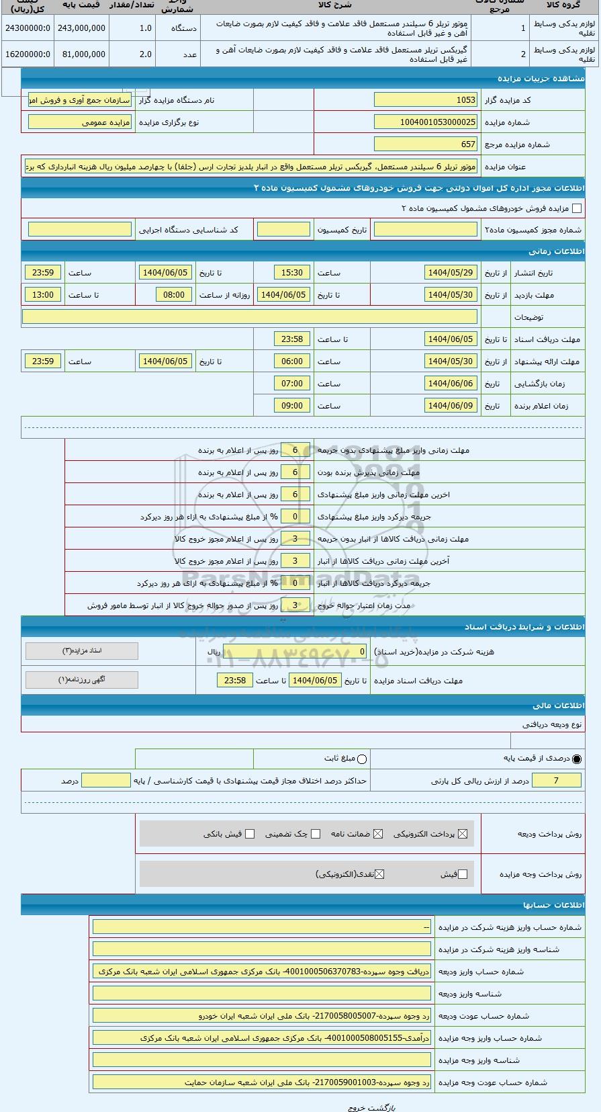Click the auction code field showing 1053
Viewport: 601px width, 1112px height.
pyautogui.click(x=425, y=100)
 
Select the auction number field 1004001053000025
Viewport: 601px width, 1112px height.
pyautogui.click(x=425, y=122)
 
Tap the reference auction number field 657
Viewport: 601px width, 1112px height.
pyautogui.click(x=425, y=144)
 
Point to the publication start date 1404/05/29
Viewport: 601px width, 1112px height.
pyautogui.click(x=451, y=273)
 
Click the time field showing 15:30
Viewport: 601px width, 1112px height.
pyautogui.click(x=292, y=273)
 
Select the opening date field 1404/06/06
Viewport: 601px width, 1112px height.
pyautogui.click(x=451, y=384)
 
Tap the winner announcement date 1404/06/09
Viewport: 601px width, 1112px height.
pyautogui.click(x=451, y=406)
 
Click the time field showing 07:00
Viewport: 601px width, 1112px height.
pyautogui.click(x=292, y=384)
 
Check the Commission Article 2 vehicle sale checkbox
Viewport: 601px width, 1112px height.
pyautogui.click(x=576, y=209)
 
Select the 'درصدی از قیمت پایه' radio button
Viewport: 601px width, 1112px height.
pyautogui.click(x=577, y=759)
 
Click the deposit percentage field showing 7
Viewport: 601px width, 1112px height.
pyautogui.click(x=555, y=780)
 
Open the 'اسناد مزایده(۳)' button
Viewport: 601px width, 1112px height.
pyautogui.click(x=81, y=651)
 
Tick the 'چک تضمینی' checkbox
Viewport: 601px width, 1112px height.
pyautogui.click(x=316, y=834)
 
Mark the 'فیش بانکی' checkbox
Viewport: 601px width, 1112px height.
pyautogui.click(x=250, y=834)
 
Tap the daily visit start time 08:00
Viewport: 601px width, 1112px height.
pyautogui.click(x=174, y=295)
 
